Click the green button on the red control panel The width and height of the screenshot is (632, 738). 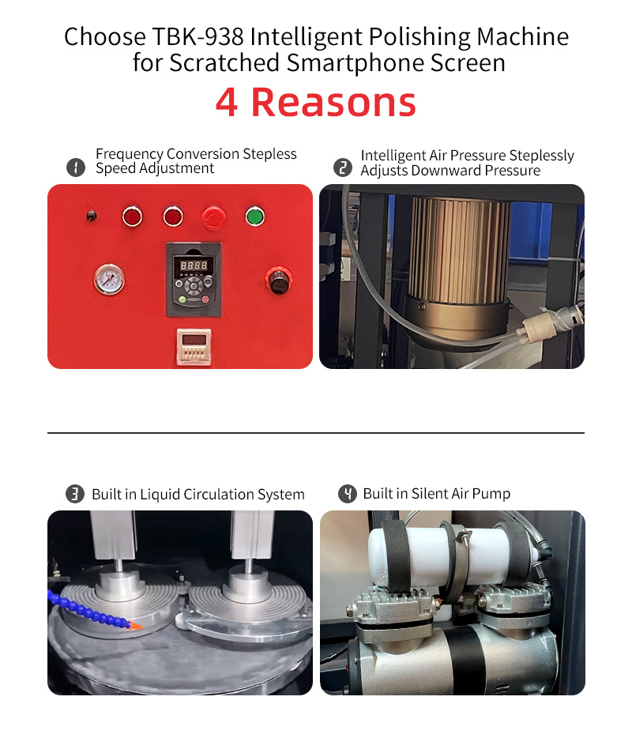255,216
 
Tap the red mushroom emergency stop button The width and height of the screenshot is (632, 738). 213,218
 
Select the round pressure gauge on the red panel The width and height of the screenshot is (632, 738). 110,279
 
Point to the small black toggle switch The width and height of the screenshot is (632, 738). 92,216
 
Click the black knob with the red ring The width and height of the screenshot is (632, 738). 279,281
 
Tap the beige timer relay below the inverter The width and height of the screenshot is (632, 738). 194,347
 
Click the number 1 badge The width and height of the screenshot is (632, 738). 76,167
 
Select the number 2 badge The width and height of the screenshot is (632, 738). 343,168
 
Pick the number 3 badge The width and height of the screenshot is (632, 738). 75,494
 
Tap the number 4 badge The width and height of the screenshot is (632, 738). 348,494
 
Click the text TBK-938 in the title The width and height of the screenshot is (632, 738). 197,36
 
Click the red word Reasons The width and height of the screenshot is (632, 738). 333,103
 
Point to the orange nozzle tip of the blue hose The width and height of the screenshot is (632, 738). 135,626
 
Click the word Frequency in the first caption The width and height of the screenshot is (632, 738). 130,154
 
